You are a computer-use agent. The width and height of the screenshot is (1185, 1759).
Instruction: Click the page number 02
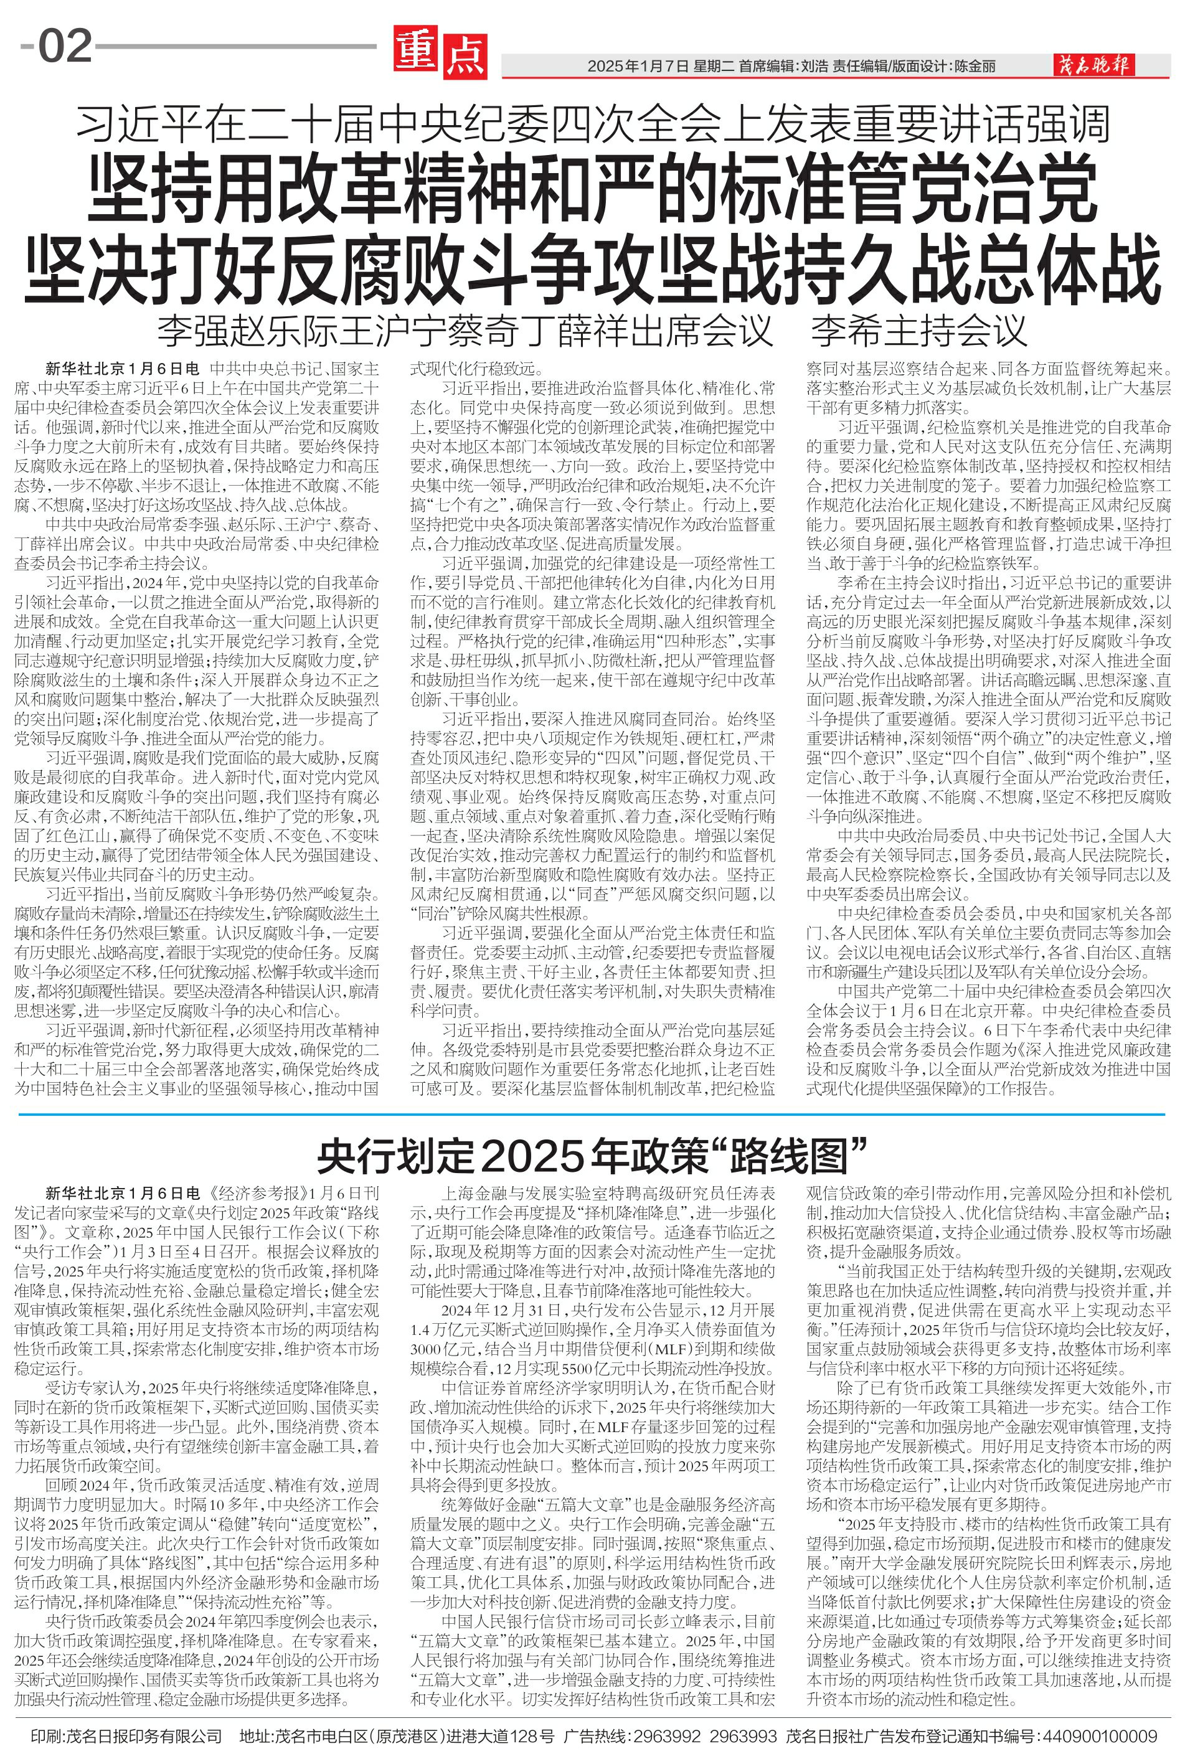65,47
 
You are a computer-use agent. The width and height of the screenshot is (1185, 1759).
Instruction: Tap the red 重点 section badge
440,52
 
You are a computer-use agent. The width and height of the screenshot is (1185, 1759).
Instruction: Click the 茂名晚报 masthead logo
1093,66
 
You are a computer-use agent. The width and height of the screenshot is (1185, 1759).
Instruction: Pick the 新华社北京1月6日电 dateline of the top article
123,369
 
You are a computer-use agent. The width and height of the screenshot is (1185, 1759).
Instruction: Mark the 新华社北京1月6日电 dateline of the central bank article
123,1193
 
